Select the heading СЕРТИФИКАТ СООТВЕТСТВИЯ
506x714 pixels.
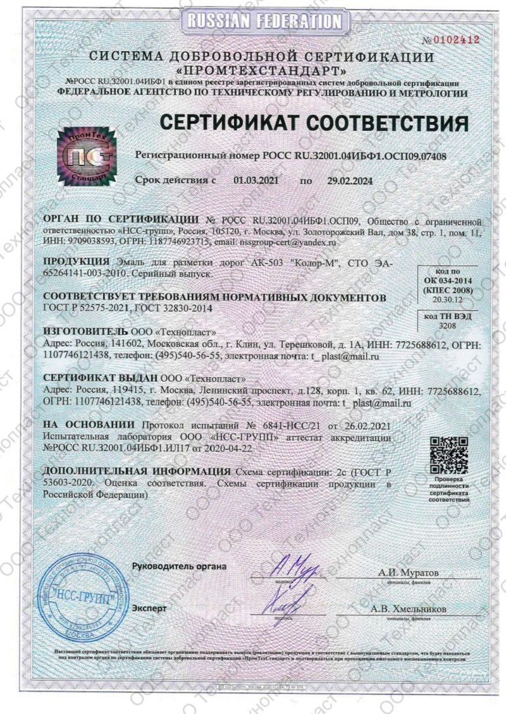pyautogui.click(x=314, y=123)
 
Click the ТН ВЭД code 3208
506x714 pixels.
pyautogui.click(x=447, y=325)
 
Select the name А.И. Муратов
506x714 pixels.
pyautogui.click(x=409, y=572)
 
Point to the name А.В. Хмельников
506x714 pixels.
pyautogui.click(x=409, y=608)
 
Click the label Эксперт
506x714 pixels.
pyautogui.click(x=150, y=608)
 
